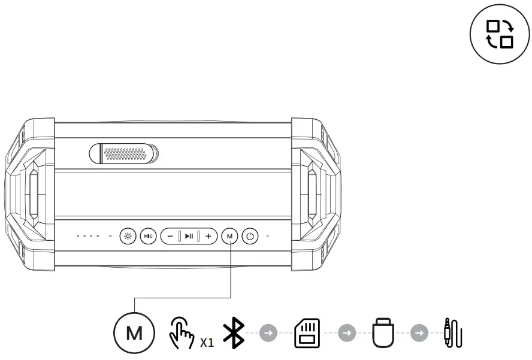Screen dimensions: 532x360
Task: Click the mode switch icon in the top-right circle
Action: [x=499, y=34]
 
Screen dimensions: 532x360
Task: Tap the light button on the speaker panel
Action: [x=127, y=236]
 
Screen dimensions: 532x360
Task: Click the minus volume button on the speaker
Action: [x=170, y=236]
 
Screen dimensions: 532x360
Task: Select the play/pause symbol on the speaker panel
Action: [x=189, y=236]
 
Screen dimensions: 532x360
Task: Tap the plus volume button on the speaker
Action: [x=208, y=236]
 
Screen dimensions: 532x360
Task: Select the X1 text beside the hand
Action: [x=207, y=343]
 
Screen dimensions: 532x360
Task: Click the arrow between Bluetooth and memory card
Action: [x=267, y=332]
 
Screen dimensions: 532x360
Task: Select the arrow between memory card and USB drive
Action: [x=344, y=332]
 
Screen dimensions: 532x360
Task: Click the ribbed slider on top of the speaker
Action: [x=124, y=153]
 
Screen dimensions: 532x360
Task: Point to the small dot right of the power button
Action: [x=267, y=236]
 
